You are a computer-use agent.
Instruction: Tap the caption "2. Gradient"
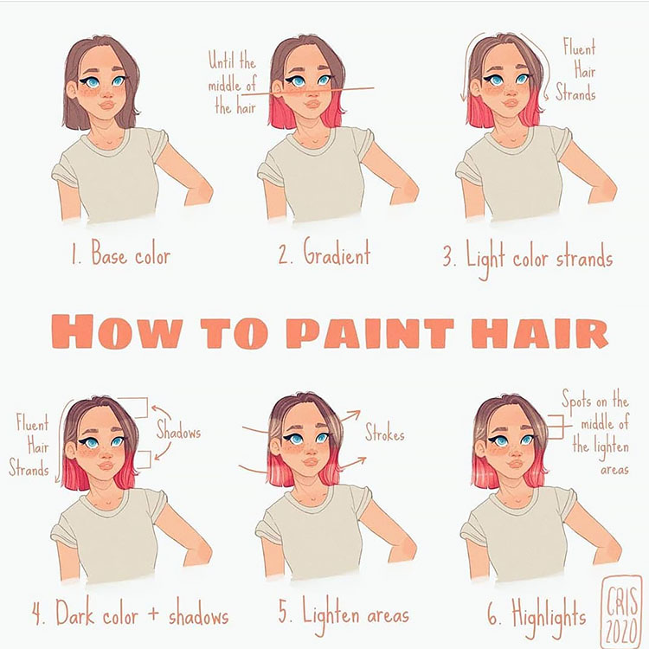324,255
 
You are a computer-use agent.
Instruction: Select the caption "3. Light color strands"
527,257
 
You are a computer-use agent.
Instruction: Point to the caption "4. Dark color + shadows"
131,615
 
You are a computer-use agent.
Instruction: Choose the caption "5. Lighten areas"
344,615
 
